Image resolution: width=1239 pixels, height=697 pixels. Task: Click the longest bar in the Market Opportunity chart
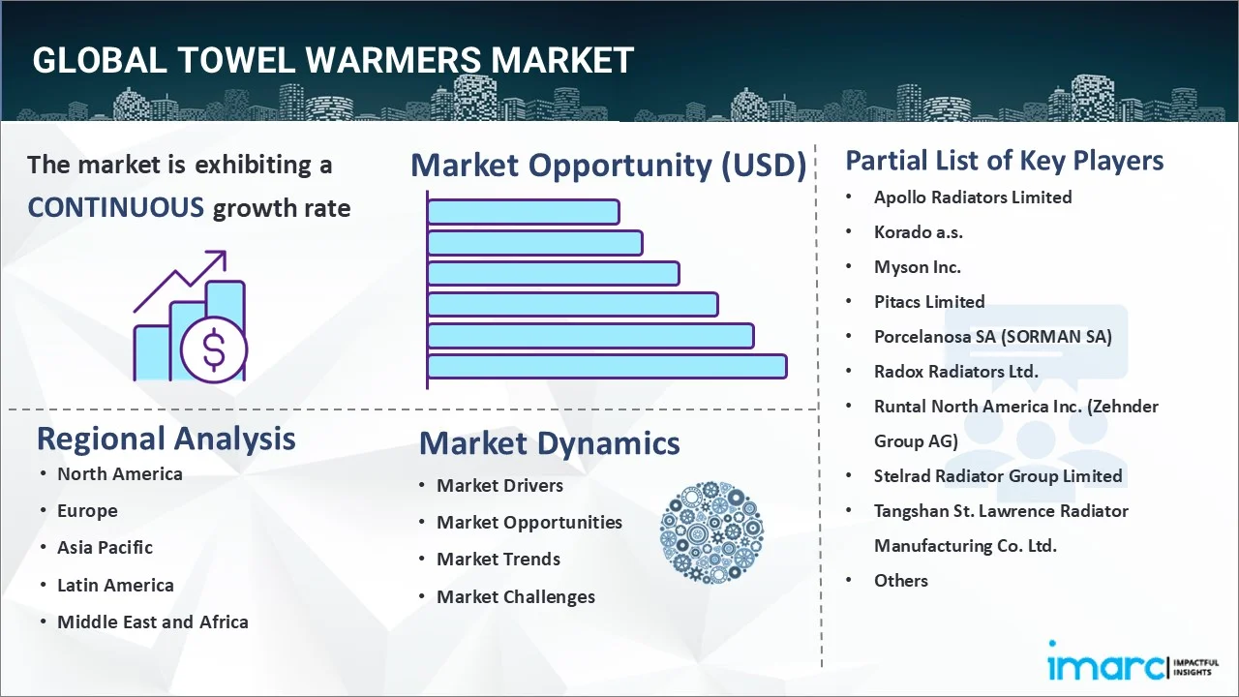point(606,366)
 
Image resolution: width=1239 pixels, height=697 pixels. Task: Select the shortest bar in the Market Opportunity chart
point(523,211)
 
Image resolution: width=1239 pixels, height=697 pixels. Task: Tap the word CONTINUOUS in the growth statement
point(115,207)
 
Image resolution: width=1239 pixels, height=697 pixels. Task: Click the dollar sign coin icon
point(214,351)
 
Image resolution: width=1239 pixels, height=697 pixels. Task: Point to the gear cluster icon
point(711,533)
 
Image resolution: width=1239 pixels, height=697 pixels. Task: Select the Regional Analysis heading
point(166,439)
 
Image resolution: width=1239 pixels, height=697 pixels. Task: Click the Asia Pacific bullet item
point(105,547)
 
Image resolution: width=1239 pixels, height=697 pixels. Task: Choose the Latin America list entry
point(115,585)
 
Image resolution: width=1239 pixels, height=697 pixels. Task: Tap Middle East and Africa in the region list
point(152,621)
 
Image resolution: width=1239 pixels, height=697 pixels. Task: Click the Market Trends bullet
point(498,559)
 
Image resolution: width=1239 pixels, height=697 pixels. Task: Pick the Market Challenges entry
point(515,596)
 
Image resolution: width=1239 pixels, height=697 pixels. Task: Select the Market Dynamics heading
point(549,443)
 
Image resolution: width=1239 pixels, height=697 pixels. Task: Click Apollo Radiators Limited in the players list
point(972,197)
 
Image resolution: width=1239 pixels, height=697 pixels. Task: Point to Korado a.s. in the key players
point(918,231)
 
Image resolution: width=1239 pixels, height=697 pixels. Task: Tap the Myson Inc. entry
point(917,266)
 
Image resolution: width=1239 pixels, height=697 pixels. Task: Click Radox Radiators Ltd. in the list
point(955,371)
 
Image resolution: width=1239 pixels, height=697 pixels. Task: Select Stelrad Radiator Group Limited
point(997,475)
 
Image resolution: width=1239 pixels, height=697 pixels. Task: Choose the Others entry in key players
point(900,580)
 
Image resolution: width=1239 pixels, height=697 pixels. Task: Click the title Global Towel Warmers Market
point(333,60)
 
